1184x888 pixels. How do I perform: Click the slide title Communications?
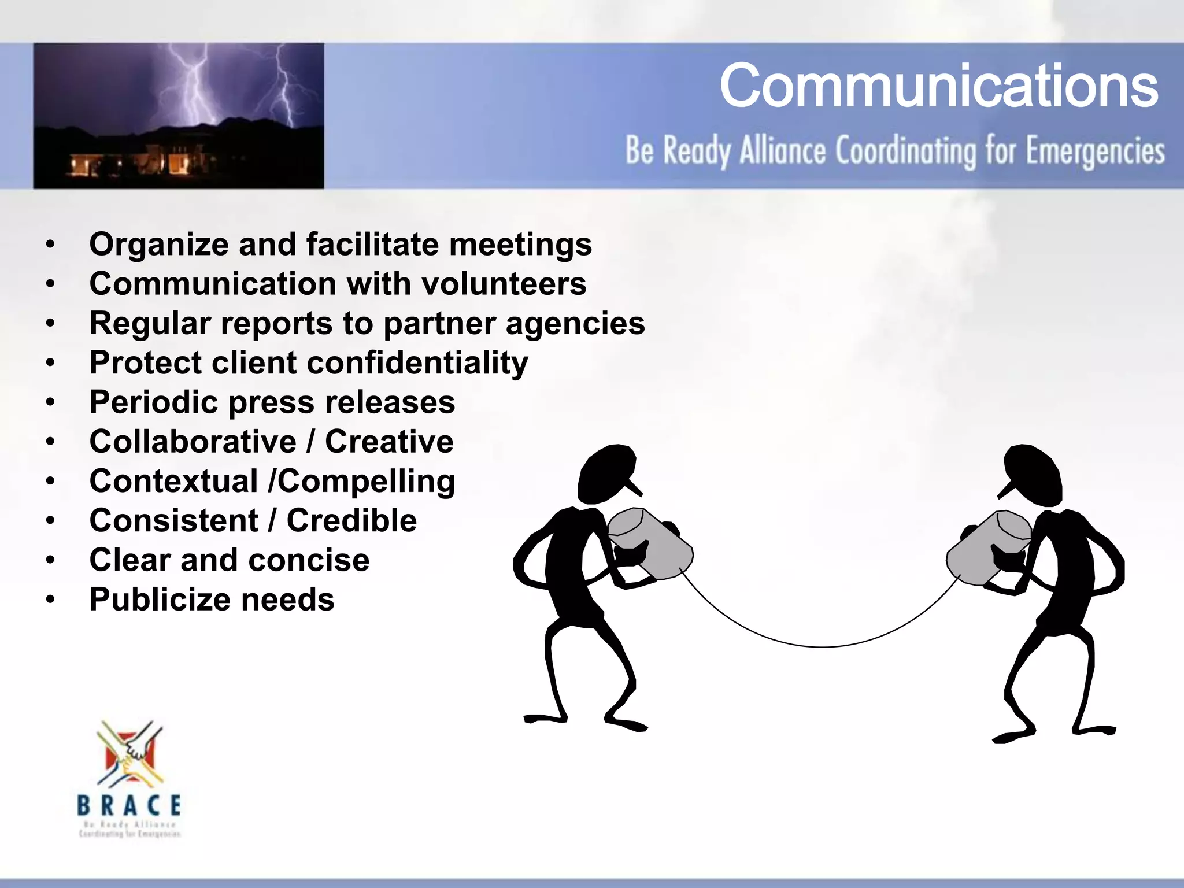(938, 87)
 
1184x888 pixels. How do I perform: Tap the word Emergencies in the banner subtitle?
(1095, 151)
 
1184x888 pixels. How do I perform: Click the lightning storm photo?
(178, 116)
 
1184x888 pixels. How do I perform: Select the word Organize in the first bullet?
(159, 245)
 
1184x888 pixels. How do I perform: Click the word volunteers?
(504, 284)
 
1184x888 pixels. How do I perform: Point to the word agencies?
(575, 324)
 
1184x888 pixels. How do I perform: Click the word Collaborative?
(193, 442)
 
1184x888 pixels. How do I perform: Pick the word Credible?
(351, 521)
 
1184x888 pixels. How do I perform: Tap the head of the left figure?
(607, 473)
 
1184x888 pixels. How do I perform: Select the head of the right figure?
(1033, 473)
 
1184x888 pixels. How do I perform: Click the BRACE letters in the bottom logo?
(129, 805)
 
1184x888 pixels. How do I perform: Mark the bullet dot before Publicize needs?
(51, 600)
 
